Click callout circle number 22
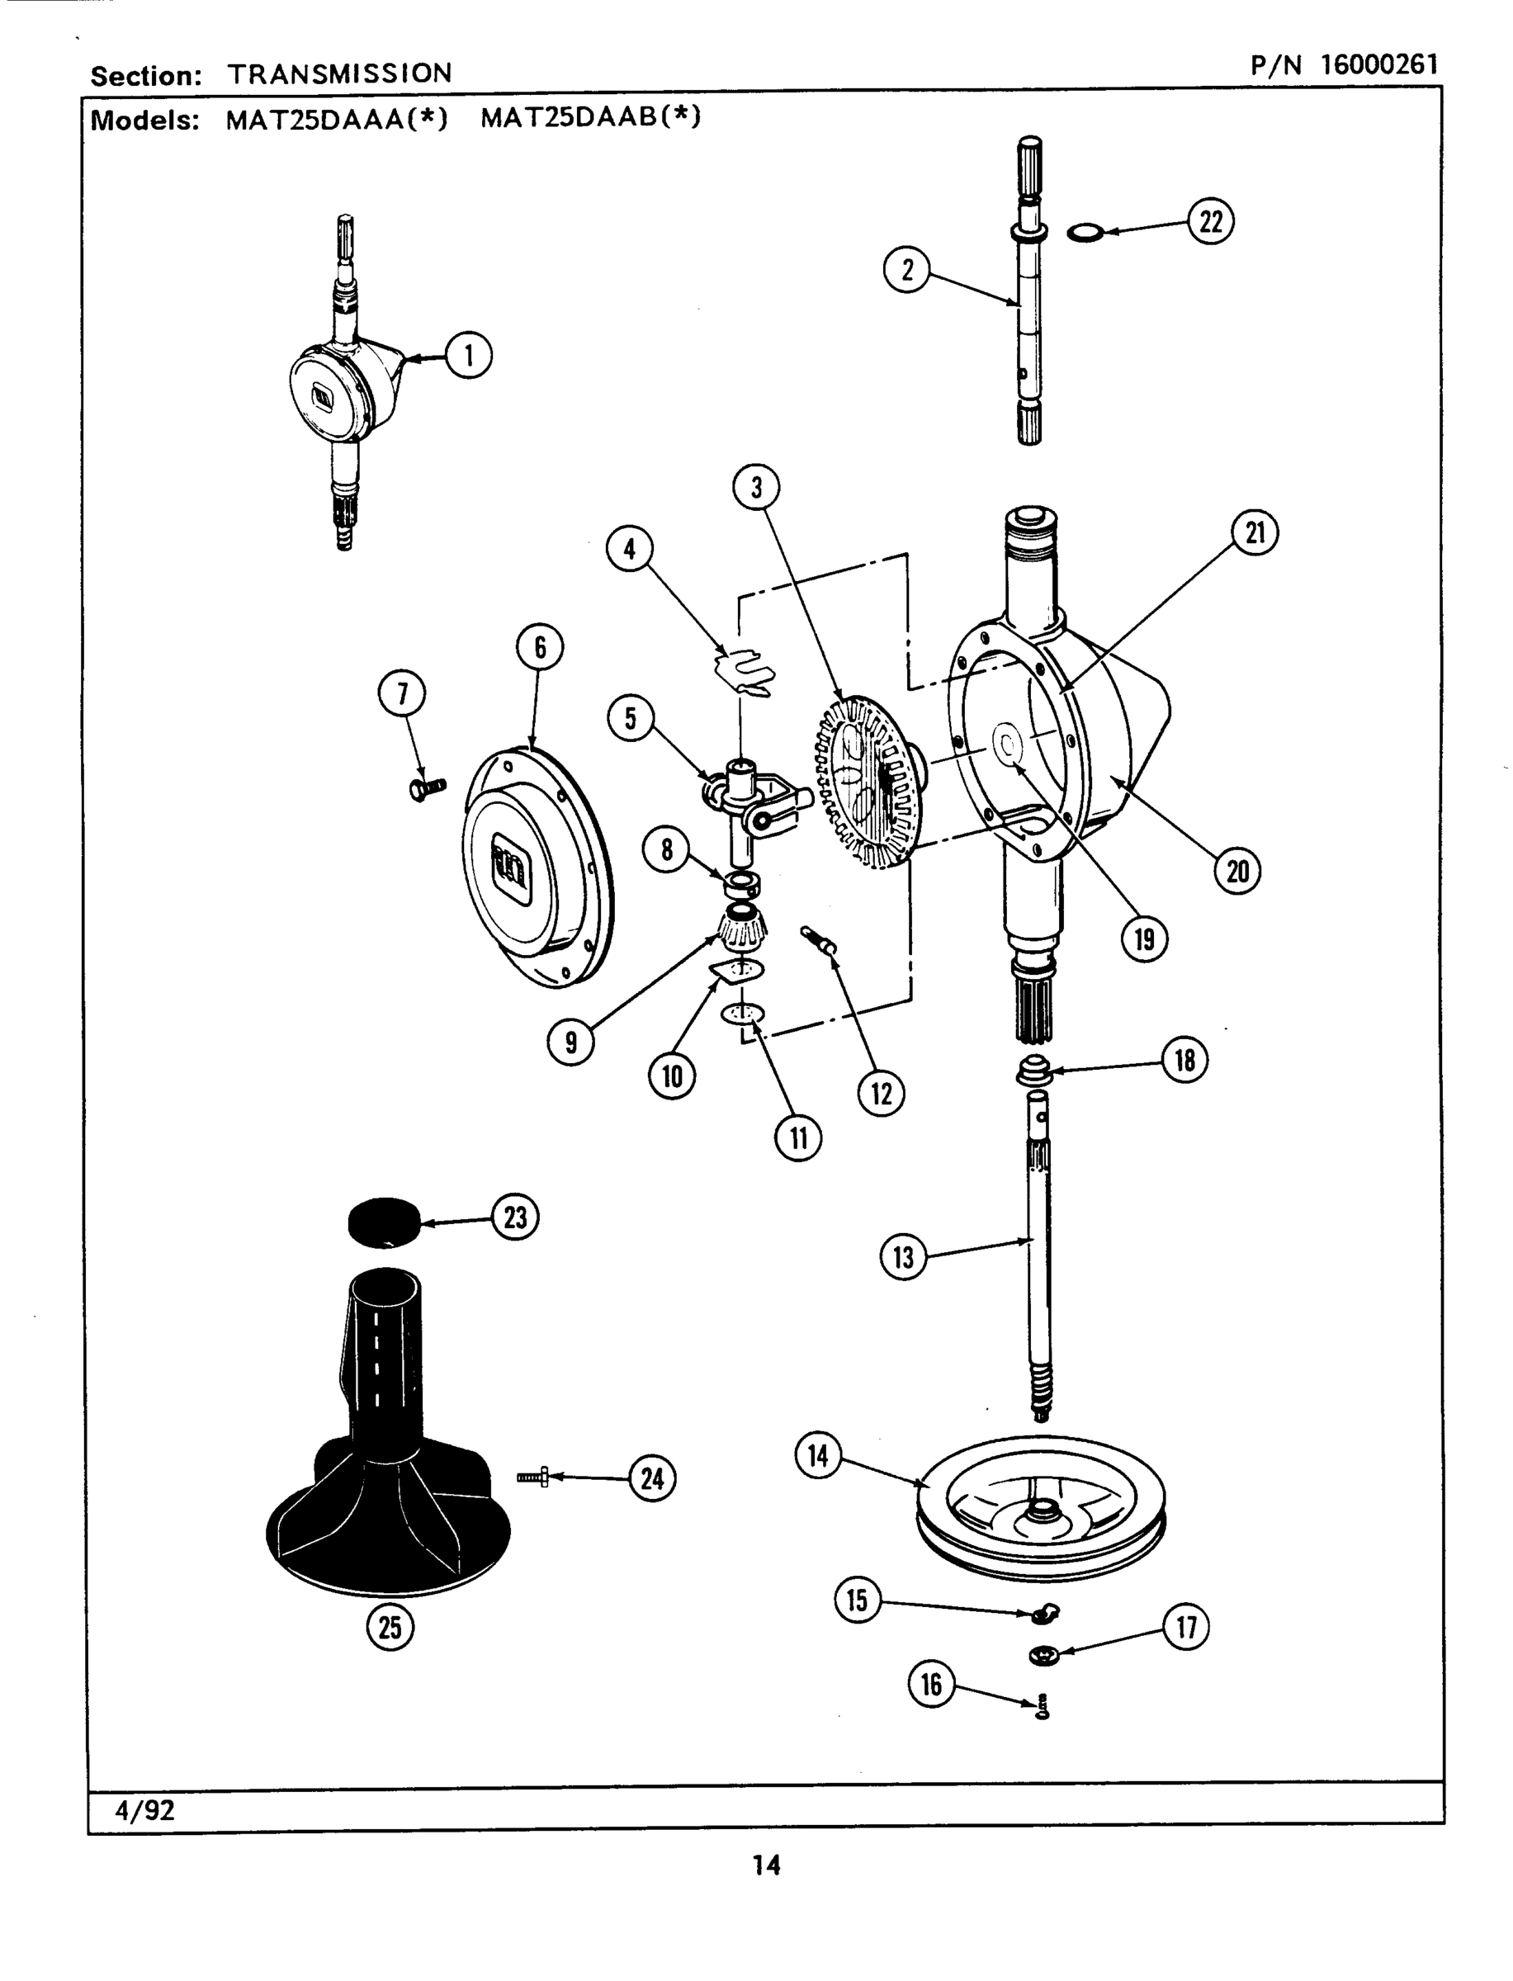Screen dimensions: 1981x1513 (1210, 220)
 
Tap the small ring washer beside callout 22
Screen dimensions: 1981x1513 (1085, 234)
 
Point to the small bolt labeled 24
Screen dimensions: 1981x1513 (533, 1477)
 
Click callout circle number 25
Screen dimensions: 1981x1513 (390, 1627)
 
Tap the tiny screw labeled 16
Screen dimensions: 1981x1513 (1043, 1705)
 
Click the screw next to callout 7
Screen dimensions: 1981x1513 (426, 789)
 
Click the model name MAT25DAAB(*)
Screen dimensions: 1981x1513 (590, 118)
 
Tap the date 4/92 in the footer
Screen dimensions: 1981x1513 (144, 1810)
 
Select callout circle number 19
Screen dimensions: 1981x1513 (1144, 939)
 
